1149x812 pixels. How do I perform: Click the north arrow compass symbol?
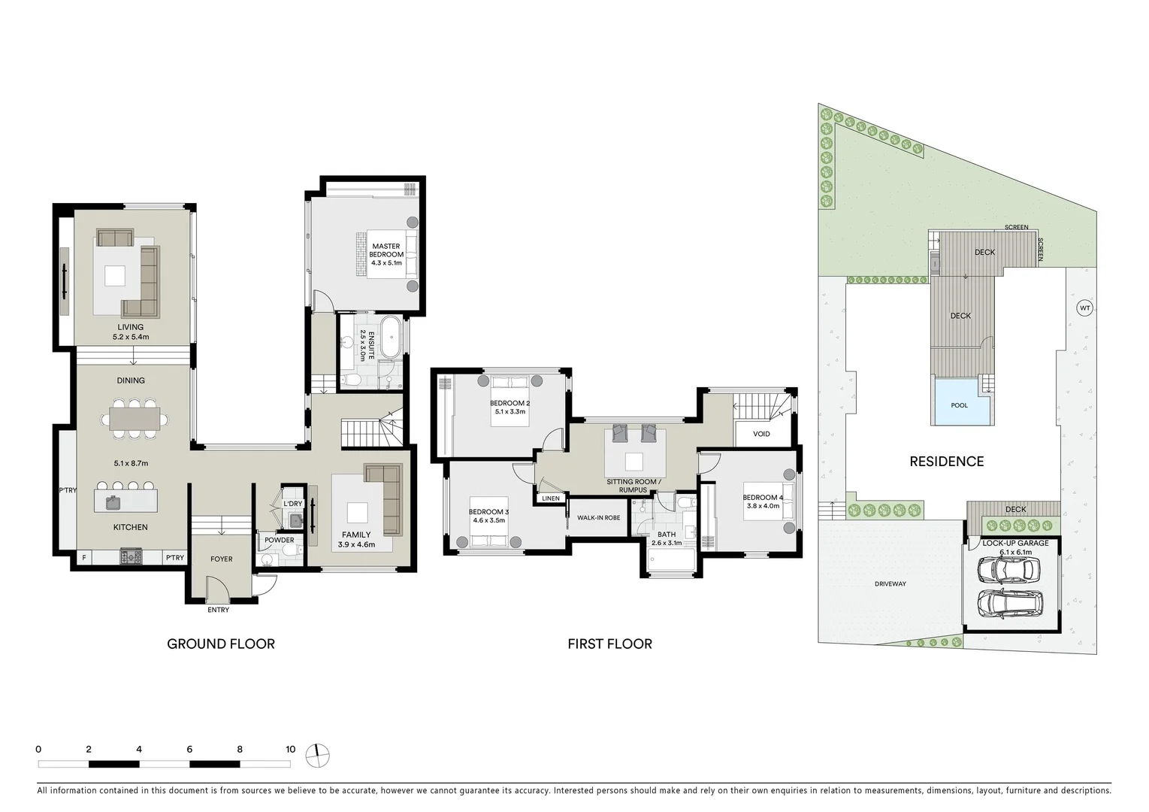(318, 755)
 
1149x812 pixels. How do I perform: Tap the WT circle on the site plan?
(1084, 308)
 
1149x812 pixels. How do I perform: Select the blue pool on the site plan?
(960, 404)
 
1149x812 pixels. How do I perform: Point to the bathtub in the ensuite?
(389, 339)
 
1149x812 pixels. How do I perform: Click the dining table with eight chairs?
(135, 419)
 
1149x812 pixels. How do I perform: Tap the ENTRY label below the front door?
(219, 610)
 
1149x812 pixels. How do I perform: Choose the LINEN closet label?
(550, 498)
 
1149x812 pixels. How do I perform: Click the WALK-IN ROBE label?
(598, 518)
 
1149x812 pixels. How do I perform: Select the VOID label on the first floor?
(761, 434)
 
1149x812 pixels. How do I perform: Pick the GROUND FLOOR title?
(220, 644)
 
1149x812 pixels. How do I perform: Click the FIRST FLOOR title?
(609, 644)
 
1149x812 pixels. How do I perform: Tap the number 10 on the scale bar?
(290, 750)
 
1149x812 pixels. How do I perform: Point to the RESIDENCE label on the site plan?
(946, 462)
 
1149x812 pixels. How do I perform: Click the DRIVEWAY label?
(890, 583)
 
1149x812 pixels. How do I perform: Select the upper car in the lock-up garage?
(1008, 571)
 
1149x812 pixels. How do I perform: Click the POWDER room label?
(279, 540)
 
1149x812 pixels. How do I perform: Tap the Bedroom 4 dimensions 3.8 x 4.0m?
(763, 506)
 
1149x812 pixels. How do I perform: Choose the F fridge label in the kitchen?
(83, 558)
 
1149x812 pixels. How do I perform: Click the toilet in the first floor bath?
(684, 501)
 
